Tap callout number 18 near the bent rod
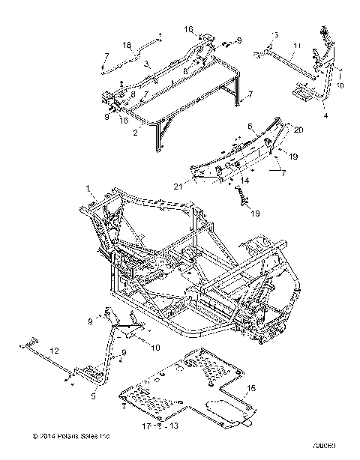point(127,44)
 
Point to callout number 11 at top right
point(297,46)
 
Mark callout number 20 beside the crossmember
point(298,130)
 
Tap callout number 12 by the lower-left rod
point(53,350)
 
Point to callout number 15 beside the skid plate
point(252,387)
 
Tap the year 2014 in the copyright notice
point(39,435)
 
